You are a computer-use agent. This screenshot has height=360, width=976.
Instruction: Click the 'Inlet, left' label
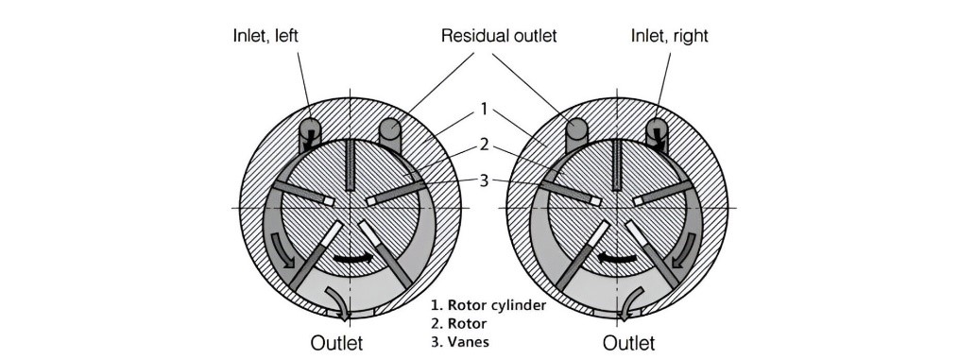tap(265, 36)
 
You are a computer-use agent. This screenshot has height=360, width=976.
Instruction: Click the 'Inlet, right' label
tap(670, 36)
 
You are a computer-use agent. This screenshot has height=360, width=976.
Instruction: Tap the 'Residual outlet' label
tap(499, 36)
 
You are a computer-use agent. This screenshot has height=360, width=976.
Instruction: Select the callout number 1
tap(485, 109)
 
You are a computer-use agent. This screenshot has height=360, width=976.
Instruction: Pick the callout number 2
tap(485, 146)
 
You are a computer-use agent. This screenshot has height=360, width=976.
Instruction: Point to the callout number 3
tap(485, 181)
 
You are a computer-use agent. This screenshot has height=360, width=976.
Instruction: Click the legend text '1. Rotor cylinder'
tap(488, 306)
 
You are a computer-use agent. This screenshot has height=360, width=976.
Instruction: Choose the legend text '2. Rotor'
tap(459, 323)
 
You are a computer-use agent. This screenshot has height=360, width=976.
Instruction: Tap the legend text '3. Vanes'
tap(460, 341)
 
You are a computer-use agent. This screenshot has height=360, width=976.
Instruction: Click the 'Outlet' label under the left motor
tap(336, 343)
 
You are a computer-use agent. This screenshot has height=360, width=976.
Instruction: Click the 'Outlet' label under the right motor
tap(628, 343)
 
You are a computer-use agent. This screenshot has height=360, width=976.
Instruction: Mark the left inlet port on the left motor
tap(309, 133)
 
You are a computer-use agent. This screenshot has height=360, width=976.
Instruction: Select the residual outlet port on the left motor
tap(390, 133)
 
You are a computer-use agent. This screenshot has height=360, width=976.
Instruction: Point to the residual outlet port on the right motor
tap(576, 133)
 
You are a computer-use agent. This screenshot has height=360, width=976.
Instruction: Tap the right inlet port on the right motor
tap(657, 133)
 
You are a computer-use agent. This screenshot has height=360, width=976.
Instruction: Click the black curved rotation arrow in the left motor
tap(353, 257)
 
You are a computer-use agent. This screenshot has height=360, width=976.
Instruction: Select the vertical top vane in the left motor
tap(351, 164)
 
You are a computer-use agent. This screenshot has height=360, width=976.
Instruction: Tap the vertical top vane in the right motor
tap(617, 164)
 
